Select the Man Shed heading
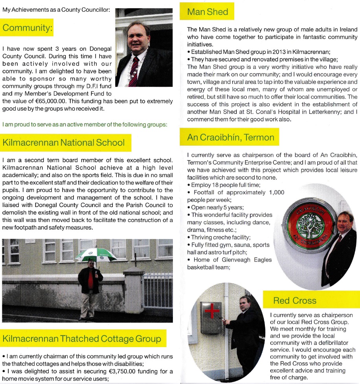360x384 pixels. (208, 11)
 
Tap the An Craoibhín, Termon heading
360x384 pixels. (231, 137)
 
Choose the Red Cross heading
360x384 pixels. (295, 301)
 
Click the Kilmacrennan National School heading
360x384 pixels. (64, 143)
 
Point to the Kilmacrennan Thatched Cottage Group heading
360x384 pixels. (82, 338)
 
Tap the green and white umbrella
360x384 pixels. (96, 255)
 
